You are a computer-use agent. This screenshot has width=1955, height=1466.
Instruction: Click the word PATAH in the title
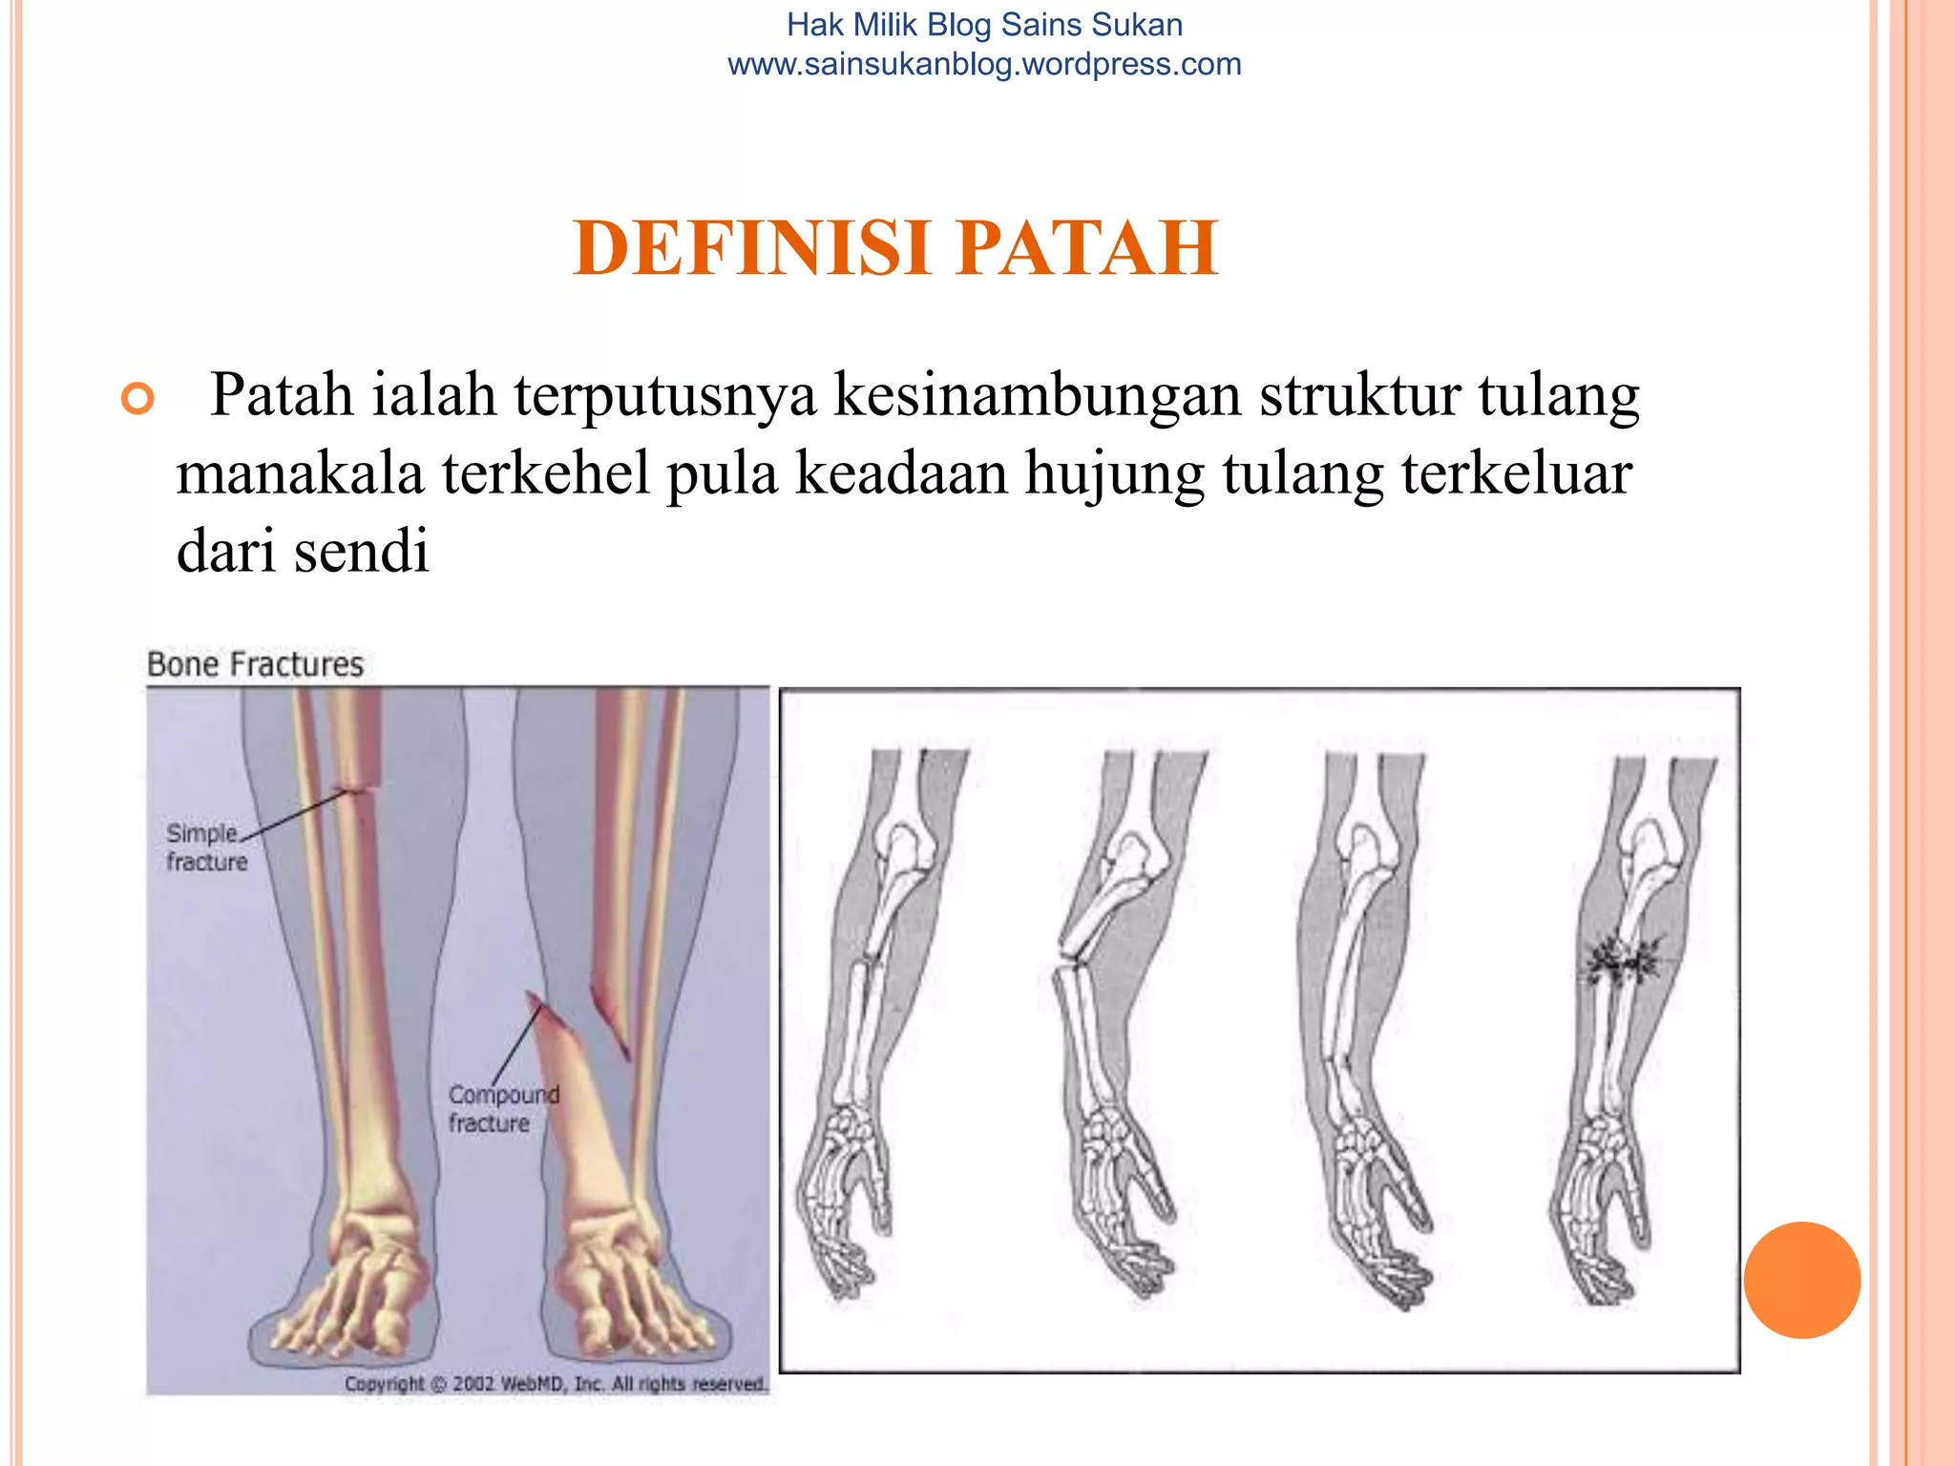coord(1087,248)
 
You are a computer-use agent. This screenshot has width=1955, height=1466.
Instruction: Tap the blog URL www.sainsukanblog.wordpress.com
coord(984,65)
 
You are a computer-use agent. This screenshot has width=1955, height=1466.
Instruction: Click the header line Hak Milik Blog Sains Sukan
coord(984,25)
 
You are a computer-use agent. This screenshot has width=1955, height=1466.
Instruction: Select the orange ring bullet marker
coord(138,398)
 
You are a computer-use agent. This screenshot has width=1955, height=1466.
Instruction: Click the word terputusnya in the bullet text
coord(665,394)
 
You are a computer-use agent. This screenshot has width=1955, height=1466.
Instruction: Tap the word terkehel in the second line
coord(544,473)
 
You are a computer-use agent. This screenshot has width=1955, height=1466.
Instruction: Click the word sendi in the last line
coord(362,552)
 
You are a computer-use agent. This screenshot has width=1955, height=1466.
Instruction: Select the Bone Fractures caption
coord(255,664)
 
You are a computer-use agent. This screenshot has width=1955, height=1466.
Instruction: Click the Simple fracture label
coord(206,847)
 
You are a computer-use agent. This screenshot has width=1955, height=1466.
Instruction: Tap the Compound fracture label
coord(503,1108)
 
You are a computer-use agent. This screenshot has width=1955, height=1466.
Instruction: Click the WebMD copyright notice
coord(556,1383)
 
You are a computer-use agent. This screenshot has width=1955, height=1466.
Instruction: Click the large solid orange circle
coord(1801,1280)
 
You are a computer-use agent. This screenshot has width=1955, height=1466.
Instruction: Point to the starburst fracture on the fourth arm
coord(1623,962)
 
